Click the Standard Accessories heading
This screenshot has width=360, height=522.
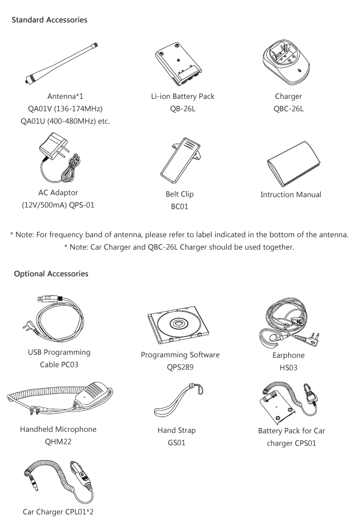pyautogui.click(x=49, y=20)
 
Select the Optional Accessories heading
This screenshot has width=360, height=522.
pyautogui.click(x=51, y=274)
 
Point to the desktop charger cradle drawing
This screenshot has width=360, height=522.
pyautogui.click(x=286, y=60)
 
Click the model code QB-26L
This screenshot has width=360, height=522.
pyautogui.click(x=183, y=109)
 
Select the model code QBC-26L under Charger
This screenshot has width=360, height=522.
pyautogui.click(x=289, y=109)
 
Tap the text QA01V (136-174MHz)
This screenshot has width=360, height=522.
pyautogui.click(x=65, y=108)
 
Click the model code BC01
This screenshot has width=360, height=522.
pyautogui.click(x=180, y=206)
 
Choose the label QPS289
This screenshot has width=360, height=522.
pyautogui.click(x=180, y=367)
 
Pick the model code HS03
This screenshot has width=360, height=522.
pyautogui.click(x=289, y=367)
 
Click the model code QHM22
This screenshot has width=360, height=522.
pyautogui.click(x=58, y=442)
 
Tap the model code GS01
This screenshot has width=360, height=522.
pyautogui.click(x=177, y=443)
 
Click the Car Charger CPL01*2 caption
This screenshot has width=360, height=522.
pyautogui.click(x=58, y=512)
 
